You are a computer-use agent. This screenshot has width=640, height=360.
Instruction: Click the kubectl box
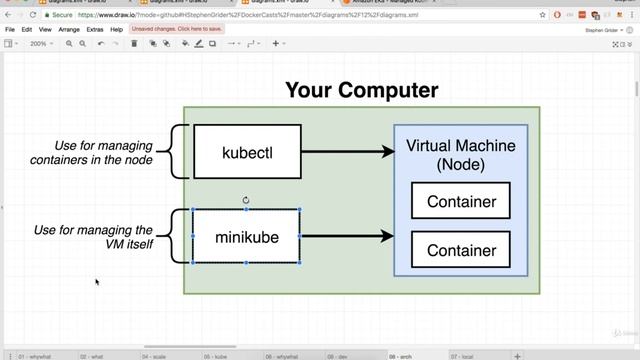(246, 152)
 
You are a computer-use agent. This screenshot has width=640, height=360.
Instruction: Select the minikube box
(246, 237)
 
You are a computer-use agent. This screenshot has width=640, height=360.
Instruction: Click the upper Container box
(461, 201)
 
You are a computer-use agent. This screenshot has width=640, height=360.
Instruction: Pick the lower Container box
(461, 250)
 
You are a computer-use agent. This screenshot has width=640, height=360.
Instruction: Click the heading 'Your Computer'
(361, 90)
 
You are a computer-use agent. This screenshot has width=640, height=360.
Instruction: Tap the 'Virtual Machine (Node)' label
(461, 154)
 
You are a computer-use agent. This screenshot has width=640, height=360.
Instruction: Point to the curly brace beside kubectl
(176, 152)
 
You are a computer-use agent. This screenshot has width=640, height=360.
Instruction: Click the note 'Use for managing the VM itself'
(93, 237)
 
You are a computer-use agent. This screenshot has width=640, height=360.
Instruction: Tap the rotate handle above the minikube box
(246, 200)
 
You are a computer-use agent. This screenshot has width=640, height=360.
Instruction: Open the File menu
(10, 30)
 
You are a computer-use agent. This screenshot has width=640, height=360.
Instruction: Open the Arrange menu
(69, 30)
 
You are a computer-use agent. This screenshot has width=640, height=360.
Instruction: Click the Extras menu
(95, 30)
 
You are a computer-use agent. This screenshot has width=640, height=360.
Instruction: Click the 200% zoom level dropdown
(41, 44)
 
